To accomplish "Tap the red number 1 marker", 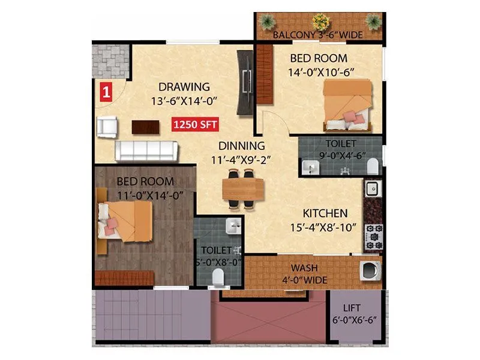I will (x=106, y=92).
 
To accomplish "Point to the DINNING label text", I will (x=241, y=146).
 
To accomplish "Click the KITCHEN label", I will (x=325, y=214).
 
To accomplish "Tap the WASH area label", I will (x=305, y=268).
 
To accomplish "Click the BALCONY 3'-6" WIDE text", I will (x=317, y=35).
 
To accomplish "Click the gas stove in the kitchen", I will (x=374, y=236).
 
